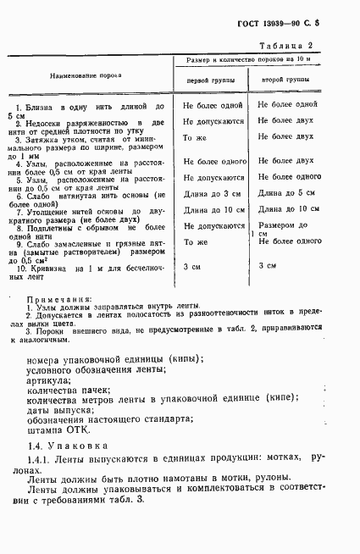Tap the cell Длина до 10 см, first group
click(213, 209)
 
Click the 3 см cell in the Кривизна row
click(192, 267)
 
